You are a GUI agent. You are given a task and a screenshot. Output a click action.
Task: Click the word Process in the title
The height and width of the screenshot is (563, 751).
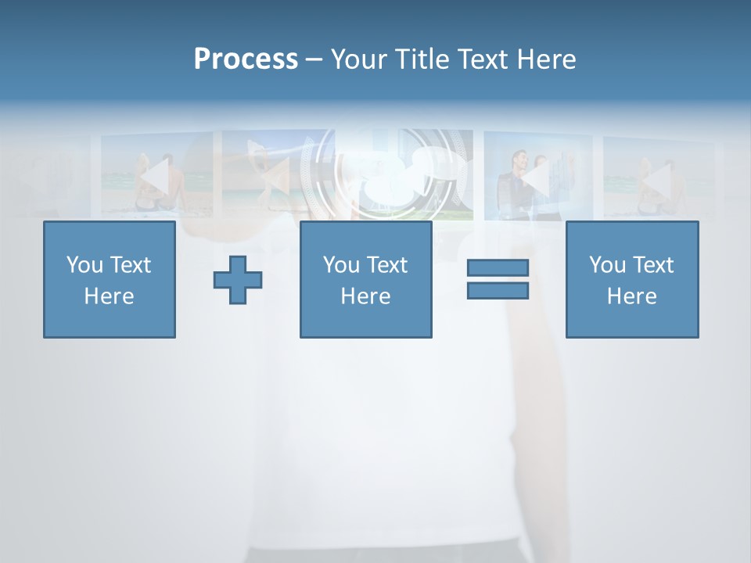tap(246, 59)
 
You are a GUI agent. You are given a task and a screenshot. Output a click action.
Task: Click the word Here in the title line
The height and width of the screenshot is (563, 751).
tap(546, 59)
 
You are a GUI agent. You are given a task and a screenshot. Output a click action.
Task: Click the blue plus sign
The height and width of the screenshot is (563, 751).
tap(238, 279)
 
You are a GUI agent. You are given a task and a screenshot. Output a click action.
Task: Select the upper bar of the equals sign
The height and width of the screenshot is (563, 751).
tap(498, 267)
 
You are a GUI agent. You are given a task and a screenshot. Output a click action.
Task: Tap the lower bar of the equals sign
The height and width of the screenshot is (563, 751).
tap(498, 290)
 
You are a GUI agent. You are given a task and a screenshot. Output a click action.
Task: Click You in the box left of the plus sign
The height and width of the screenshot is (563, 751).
tap(84, 265)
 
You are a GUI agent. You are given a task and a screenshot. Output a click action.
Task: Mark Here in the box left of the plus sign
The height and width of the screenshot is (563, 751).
tap(109, 296)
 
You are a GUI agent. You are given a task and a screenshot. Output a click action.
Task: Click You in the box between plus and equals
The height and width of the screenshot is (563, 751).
tap(341, 265)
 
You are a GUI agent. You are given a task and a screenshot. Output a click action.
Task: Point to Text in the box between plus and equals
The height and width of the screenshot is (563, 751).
tap(386, 265)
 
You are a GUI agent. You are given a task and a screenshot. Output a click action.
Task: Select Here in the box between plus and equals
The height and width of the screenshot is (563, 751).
tap(365, 296)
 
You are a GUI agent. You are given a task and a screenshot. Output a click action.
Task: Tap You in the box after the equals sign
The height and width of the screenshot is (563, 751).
tap(607, 265)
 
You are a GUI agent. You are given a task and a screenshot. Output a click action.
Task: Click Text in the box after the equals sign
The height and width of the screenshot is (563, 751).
tap(652, 265)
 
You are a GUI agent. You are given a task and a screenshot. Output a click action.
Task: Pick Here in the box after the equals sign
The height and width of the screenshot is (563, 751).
tap(631, 296)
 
